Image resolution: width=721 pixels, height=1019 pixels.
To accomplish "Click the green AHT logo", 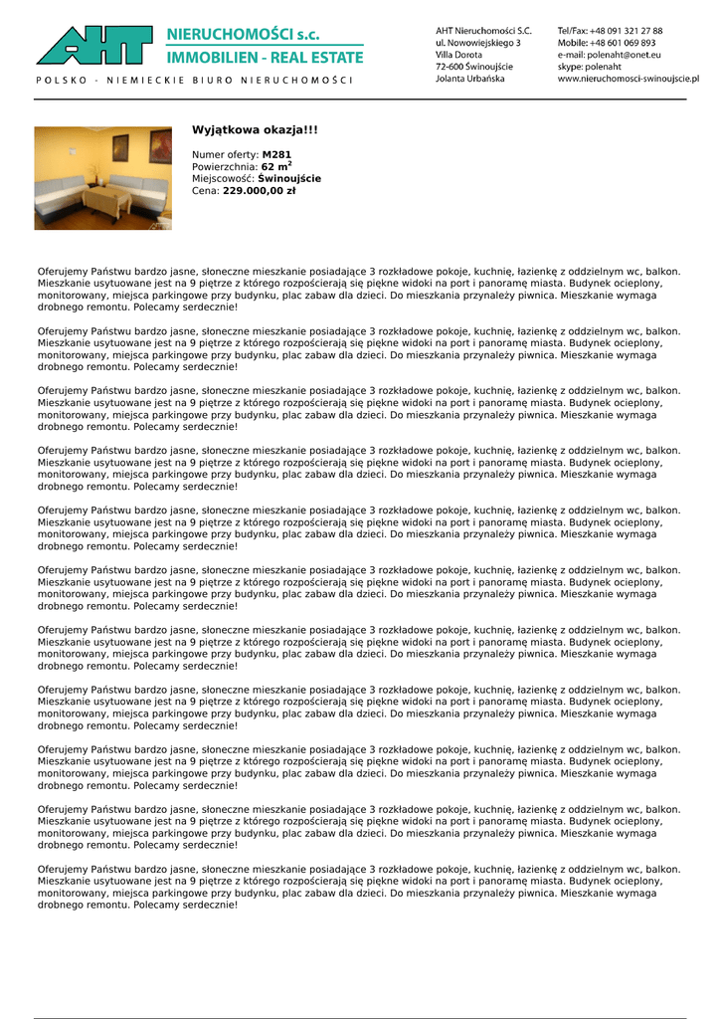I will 95,46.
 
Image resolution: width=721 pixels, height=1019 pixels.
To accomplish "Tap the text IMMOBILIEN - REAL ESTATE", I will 265,58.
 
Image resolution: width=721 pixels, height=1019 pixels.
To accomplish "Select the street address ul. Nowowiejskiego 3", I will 477,43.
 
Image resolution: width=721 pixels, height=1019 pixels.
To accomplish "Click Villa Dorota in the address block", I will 458,55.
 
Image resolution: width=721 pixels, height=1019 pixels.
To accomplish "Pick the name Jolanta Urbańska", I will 469,79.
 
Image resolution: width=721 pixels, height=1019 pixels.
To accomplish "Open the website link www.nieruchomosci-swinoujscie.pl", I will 628,79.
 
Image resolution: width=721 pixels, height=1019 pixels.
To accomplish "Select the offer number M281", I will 276,155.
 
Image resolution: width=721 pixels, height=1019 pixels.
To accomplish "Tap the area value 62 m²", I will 276,166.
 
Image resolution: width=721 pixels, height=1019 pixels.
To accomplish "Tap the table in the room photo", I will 106,200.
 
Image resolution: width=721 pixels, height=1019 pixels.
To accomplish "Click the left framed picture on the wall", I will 120,148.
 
